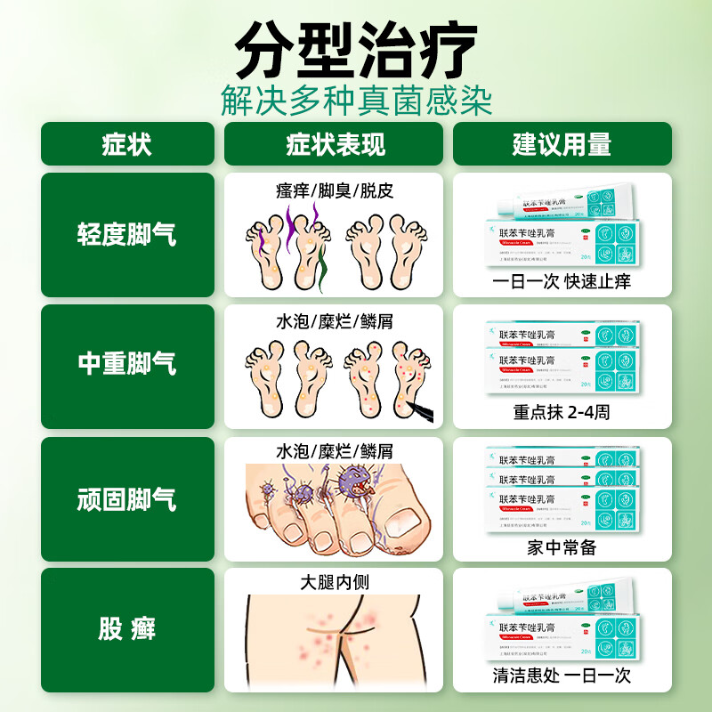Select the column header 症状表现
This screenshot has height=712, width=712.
pyautogui.click(x=335, y=144)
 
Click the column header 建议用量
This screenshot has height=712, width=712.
pyautogui.click(x=562, y=144)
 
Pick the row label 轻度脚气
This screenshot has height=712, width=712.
pyautogui.click(x=127, y=235)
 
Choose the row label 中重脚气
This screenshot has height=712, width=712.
pyautogui.click(x=127, y=363)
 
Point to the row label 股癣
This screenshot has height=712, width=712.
pyautogui.click(x=127, y=630)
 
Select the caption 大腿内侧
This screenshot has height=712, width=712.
pyautogui.click(x=335, y=583)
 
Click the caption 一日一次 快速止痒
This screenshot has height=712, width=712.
pyautogui.click(x=562, y=281)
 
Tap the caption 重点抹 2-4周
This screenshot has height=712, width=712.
pyautogui.click(x=562, y=412)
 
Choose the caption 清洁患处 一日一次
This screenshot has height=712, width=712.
pyautogui.click(x=562, y=676)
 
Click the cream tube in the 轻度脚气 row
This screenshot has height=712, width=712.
pyautogui.click(x=570, y=207)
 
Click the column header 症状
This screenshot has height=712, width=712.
pyautogui.click(x=127, y=144)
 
